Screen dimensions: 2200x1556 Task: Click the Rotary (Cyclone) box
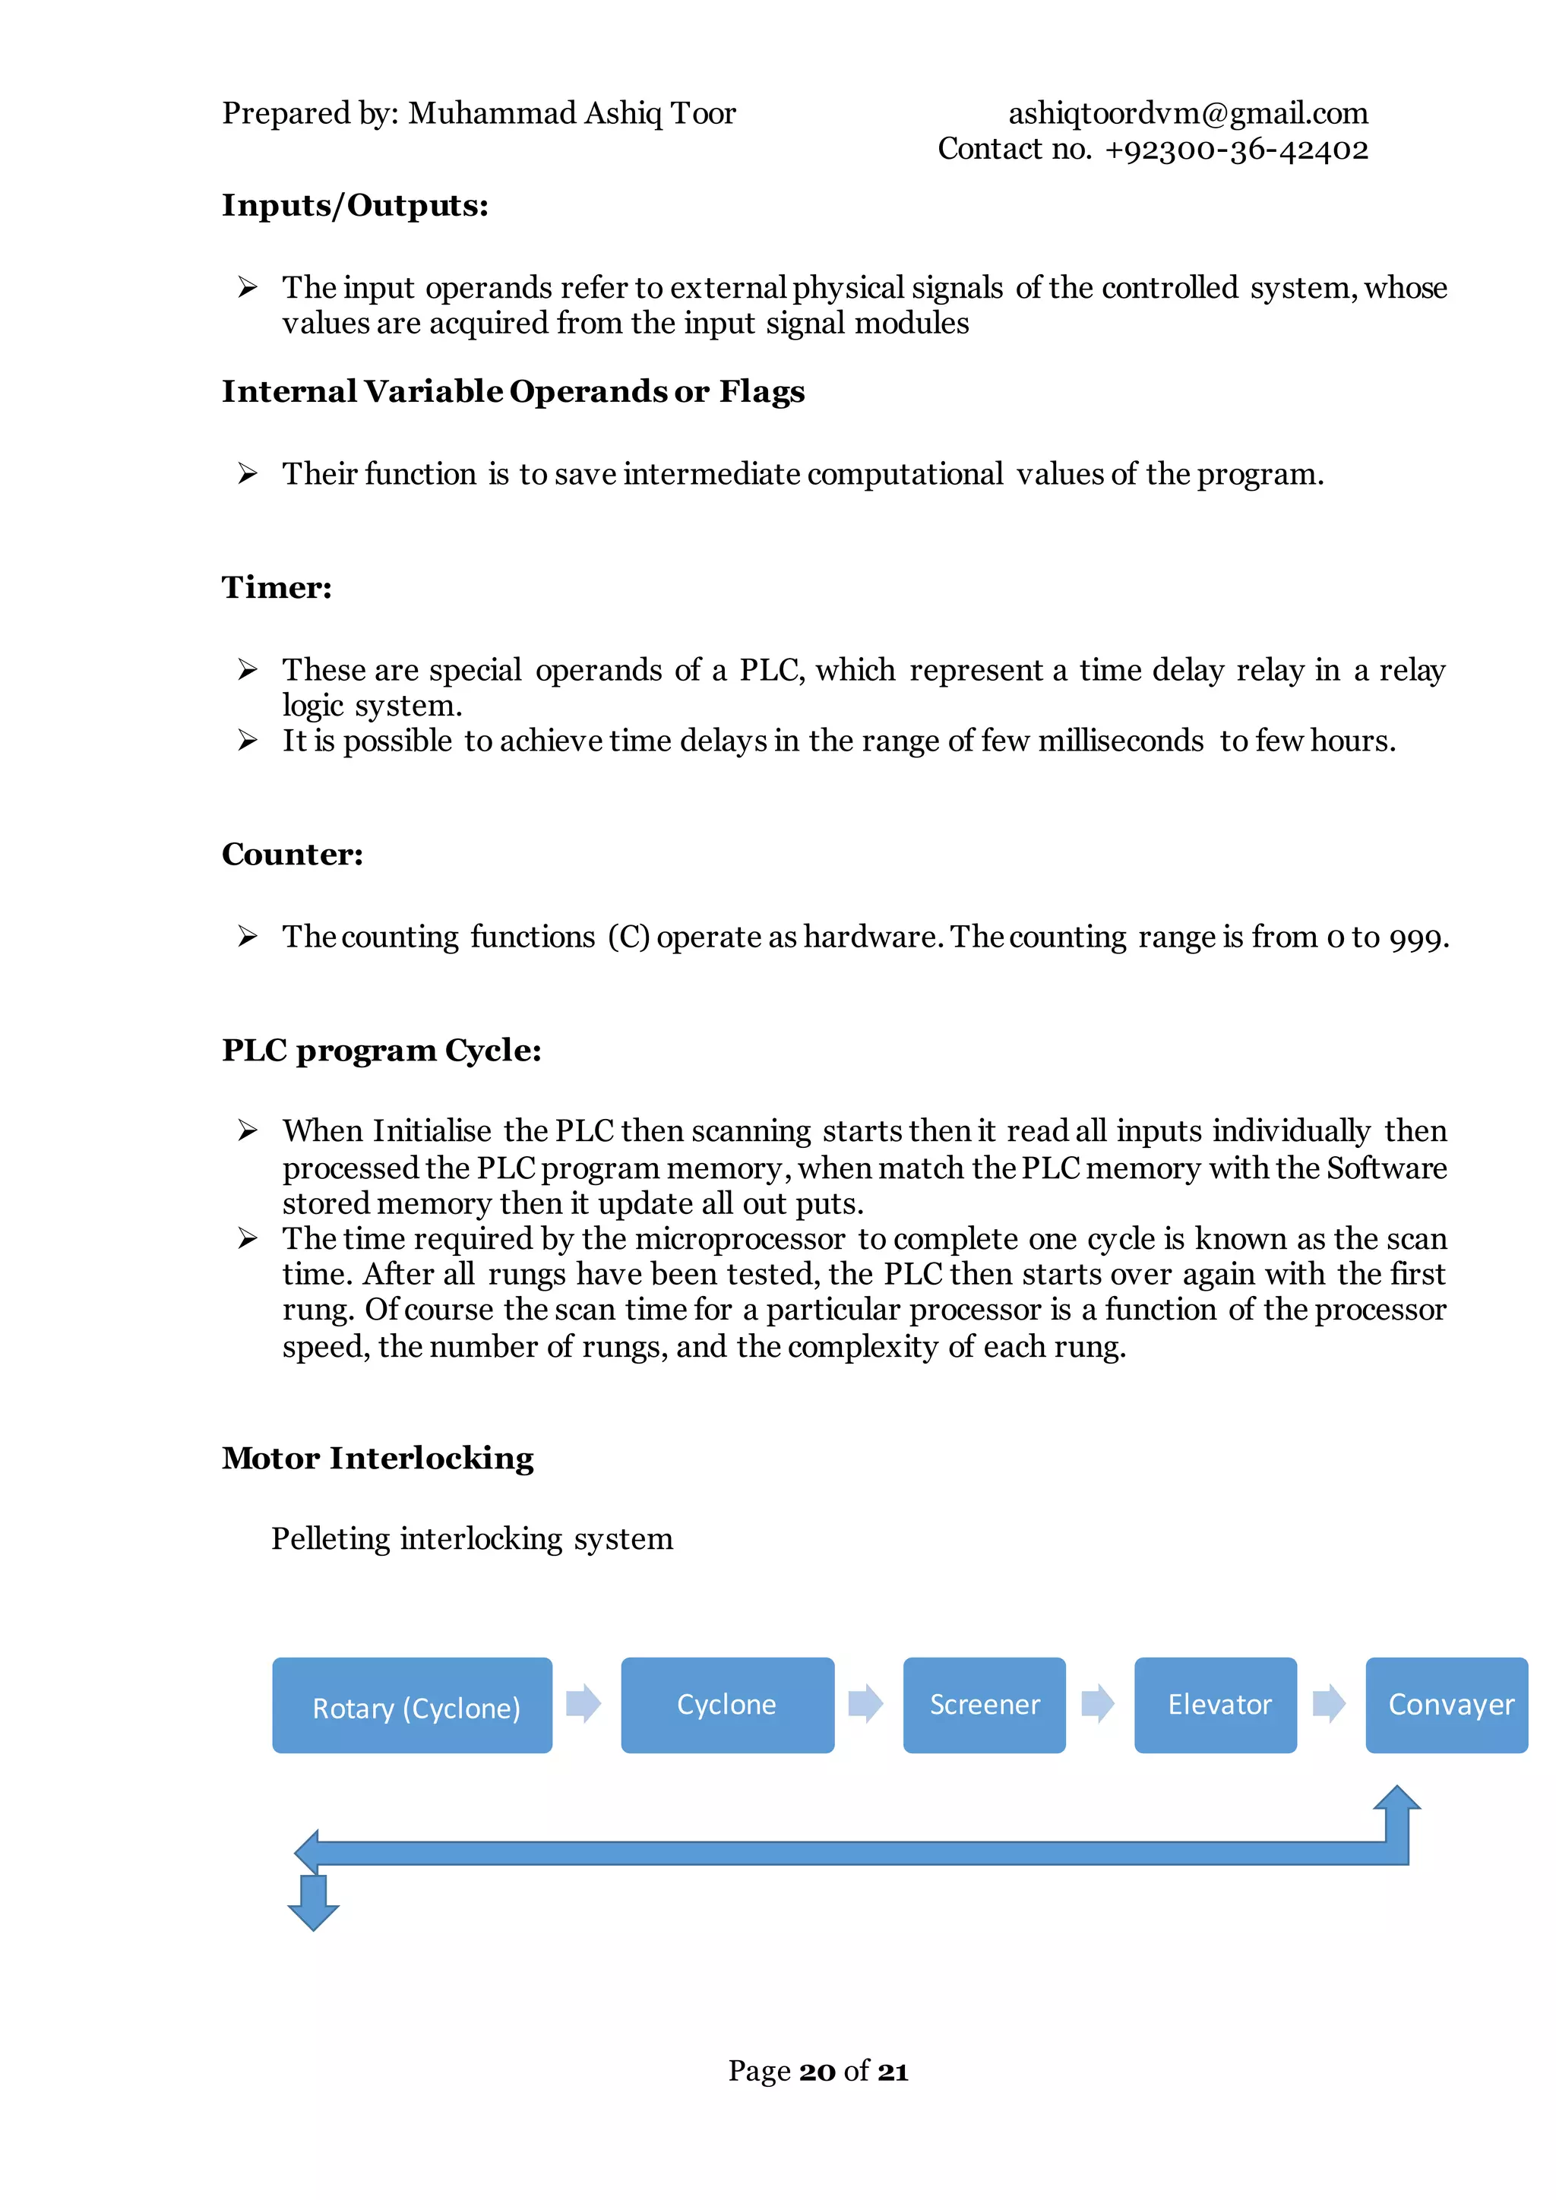pyautogui.click(x=412, y=1705)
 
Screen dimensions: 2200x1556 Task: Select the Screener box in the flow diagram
pyautogui.click(x=984, y=1705)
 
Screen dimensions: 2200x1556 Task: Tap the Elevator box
pyautogui.click(x=1215, y=1705)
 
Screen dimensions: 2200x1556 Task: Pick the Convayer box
pyautogui.click(x=1446, y=1705)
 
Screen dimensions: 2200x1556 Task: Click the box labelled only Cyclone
pyautogui.click(x=727, y=1705)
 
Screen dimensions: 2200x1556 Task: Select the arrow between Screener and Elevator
pyautogui.click(x=1098, y=1704)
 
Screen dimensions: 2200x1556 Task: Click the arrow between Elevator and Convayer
pyautogui.click(x=1329, y=1704)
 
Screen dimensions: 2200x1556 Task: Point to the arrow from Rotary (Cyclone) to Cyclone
pyautogui.click(x=583, y=1704)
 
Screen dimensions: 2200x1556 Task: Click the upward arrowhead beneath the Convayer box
pyautogui.click(x=1397, y=1800)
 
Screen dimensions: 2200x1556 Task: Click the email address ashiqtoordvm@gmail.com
pyautogui.click(x=1188, y=114)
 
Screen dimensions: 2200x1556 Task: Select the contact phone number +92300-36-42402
pyautogui.click(x=1236, y=150)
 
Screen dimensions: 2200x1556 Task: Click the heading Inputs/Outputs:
pyautogui.click(x=356, y=206)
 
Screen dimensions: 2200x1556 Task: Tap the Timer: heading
pyautogui.click(x=277, y=587)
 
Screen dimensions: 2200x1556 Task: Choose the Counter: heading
pyautogui.click(x=293, y=855)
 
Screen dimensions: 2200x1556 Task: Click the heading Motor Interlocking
pyautogui.click(x=378, y=1459)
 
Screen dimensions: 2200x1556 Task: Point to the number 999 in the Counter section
pyautogui.click(x=1416, y=938)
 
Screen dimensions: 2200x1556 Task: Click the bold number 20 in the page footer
pyautogui.click(x=818, y=2072)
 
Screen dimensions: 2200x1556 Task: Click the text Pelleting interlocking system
pyautogui.click(x=471, y=1539)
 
